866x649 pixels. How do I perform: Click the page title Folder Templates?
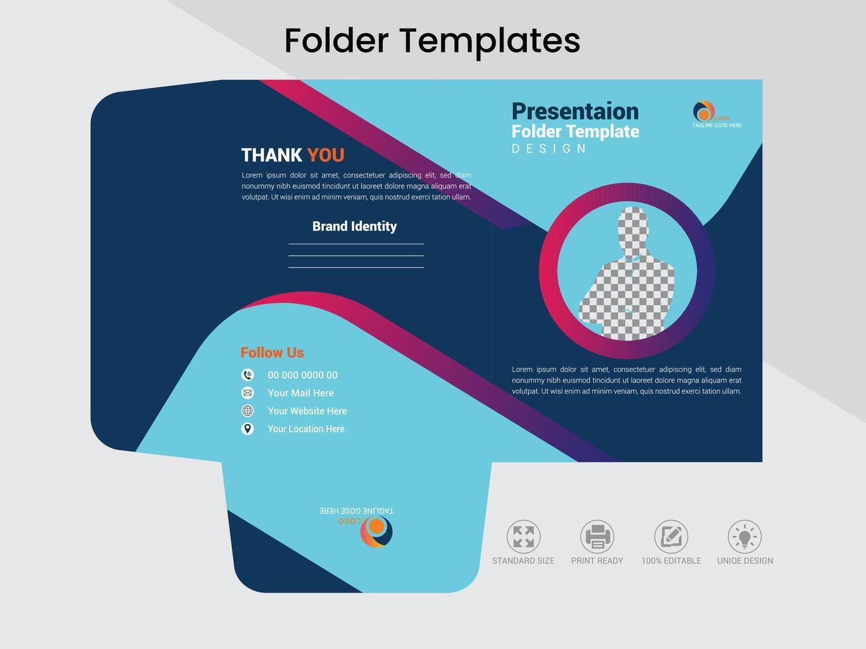click(x=432, y=41)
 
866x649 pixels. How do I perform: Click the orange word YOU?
click(x=325, y=155)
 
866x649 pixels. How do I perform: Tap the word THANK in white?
click(x=272, y=155)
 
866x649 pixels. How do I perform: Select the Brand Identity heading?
click(x=354, y=226)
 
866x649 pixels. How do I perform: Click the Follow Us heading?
click(x=272, y=352)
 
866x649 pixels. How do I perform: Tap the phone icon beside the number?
click(x=248, y=375)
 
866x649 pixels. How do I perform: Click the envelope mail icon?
click(x=248, y=393)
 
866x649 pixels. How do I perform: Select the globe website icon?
click(x=248, y=411)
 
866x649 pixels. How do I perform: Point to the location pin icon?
click(x=248, y=428)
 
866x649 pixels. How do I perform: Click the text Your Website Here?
click(x=307, y=411)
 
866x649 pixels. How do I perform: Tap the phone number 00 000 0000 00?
click(x=302, y=375)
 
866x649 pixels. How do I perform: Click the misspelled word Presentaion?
click(x=575, y=111)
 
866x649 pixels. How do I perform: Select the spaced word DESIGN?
click(x=549, y=148)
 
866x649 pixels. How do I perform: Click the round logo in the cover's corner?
click(x=704, y=111)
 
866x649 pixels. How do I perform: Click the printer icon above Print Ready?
click(x=597, y=536)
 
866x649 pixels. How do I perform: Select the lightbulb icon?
click(x=745, y=536)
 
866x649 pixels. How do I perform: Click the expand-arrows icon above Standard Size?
click(x=523, y=536)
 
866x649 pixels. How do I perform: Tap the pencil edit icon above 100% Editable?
click(x=671, y=536)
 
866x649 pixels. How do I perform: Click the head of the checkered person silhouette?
click(x=633, y=225)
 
